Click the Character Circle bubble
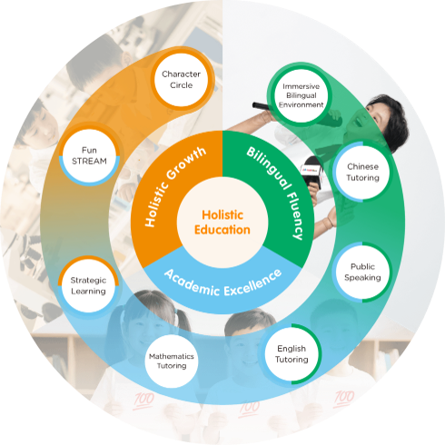pos(181,80)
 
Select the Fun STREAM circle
pos(89,155)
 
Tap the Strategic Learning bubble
pos(88,285)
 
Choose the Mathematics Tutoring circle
pos(172,361)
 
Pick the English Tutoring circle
pos(292,354)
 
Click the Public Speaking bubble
pos(362,272)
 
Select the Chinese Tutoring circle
pos(362,172)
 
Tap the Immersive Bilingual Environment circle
pos(302,95)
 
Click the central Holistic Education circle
pos(222,222)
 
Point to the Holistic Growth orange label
pos(174,186)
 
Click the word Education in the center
pos(222,230)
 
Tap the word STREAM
pos(89,161)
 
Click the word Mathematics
pos(172,356)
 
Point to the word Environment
pos(302,104)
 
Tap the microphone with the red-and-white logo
pos(311,171)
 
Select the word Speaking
pos(362,278)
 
